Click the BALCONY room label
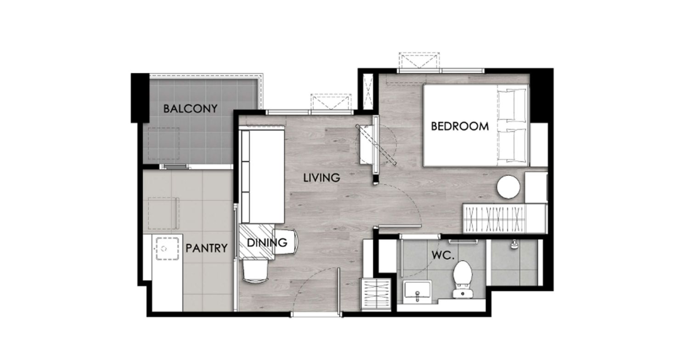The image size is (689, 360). pyautogui.click(x=190, y=108)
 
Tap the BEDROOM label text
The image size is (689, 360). pyautogui.click(x=459, y=126)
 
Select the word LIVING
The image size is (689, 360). pyautogui.click(x=322, y=178)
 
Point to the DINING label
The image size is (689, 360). pyautogui.click(x=267, y=243)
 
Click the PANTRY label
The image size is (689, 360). pyautogui.click(x=206, y=248)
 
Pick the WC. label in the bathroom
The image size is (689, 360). pyautogui.click(x=443, y=255)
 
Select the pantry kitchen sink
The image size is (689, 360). pyautogui.click(x=167, y=248)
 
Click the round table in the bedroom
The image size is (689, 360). pyautogui.click(x=508, y=186)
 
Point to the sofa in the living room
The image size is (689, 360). pyautogui.click(x=262, y=176)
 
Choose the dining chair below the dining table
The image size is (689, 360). pyautogui.click(x=255, y=271)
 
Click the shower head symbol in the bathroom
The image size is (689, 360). pyautogui.click(x=514, y=244)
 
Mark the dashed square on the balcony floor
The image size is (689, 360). pyautogui.click(x=164, y=144)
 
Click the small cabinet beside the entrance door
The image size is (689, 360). pyautogui.click(x=376, y=293)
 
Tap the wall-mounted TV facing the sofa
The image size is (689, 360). pyautogui.click(x=376, y=145)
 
